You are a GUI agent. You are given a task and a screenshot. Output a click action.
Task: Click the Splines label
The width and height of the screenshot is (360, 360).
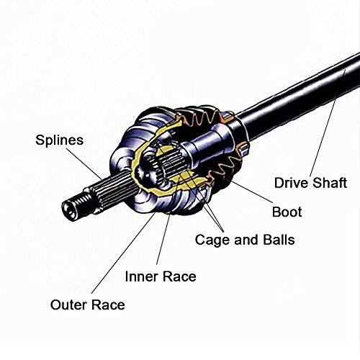pyautogui.click(x=60, y=140)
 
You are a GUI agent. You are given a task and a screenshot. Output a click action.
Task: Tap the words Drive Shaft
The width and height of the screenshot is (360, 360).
pyautogui.click(x=310, y=183)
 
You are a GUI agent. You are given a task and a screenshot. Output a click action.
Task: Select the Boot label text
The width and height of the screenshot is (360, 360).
pyautogui.click(x=287, y=212)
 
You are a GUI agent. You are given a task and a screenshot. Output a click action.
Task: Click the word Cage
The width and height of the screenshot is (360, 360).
pyautogui.click(x=212, y=240)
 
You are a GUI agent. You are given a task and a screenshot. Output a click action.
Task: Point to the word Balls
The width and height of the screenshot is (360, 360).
pyautogui.click(x=279, y=240)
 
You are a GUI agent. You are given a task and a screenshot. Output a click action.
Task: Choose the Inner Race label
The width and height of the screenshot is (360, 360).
pyautogui.click(x=161, y=276)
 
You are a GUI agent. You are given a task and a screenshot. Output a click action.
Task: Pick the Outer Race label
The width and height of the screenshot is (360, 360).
pyautogui.click(x=88, y=305)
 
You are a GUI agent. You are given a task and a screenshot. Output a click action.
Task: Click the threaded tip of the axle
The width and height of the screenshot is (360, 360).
pyautogui.click(x=73, y=205)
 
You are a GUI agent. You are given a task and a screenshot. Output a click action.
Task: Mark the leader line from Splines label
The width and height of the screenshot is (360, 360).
pyautogui.click(x=84, y=163)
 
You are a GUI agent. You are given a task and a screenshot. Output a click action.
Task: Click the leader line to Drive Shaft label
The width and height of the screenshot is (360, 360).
pyautogui.click(x=323, y=138)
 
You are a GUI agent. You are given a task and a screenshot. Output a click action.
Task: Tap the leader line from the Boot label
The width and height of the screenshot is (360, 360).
pyautogui.click(x=252, y=192)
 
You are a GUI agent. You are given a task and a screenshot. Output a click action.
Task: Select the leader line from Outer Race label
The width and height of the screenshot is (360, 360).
pyautogui.click(x=123, y=253)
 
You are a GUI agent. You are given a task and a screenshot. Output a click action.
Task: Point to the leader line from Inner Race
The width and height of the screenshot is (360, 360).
pyautogui.click(x=168, y=220)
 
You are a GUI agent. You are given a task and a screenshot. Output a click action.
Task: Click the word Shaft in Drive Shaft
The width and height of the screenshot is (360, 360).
pyautogui.click(x=330, y=183)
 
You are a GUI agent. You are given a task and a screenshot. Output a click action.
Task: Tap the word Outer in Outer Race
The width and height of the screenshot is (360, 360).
pyautogui.click(x=68, y=305)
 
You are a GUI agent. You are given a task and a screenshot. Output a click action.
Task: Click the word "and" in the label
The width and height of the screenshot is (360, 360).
pyautogui.click(x=246, y=240)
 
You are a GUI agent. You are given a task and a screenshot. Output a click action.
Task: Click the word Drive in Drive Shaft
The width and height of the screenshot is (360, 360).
pyautogui.click(x=291, y=183)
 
